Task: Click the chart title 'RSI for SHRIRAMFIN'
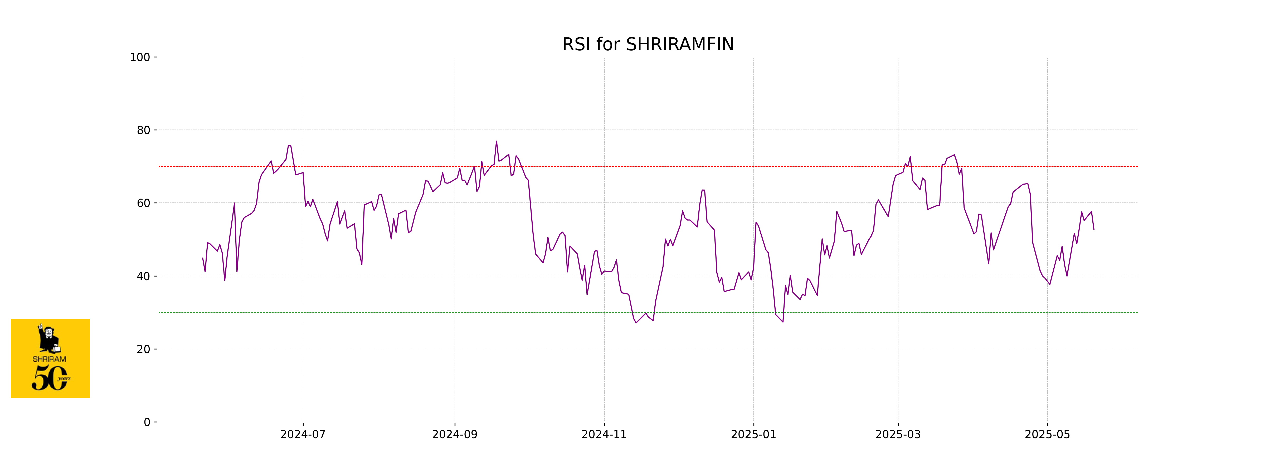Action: click(x=648, y=45)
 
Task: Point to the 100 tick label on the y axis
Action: click(x=140, y=57)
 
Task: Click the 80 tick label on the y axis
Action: click(x=143, y=131)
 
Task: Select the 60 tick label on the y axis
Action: click(x=143, y=203)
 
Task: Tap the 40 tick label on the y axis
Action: click(x=143, y=276)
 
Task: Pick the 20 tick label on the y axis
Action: click(x=143, y=349)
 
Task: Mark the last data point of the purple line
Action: click(x=1094, y=230)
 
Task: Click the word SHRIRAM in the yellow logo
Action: click(x=49, y=359)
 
